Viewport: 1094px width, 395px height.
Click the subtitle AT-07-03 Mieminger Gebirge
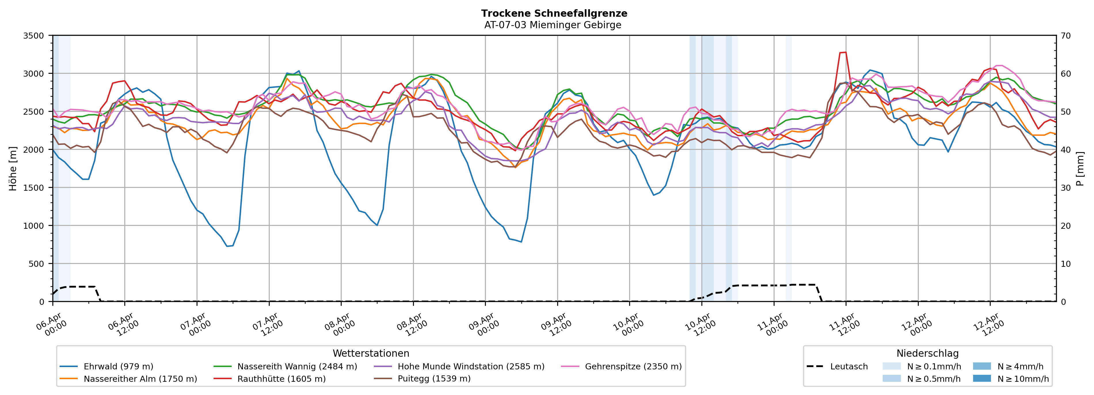[553, 25]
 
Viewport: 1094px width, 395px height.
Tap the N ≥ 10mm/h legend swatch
[981, 378]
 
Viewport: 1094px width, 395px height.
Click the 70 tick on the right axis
[1066, 36]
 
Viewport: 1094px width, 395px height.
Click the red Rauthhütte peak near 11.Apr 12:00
[843, 52]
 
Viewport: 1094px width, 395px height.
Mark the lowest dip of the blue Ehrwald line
[227, 246]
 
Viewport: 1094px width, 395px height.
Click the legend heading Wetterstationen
[371, 353]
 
